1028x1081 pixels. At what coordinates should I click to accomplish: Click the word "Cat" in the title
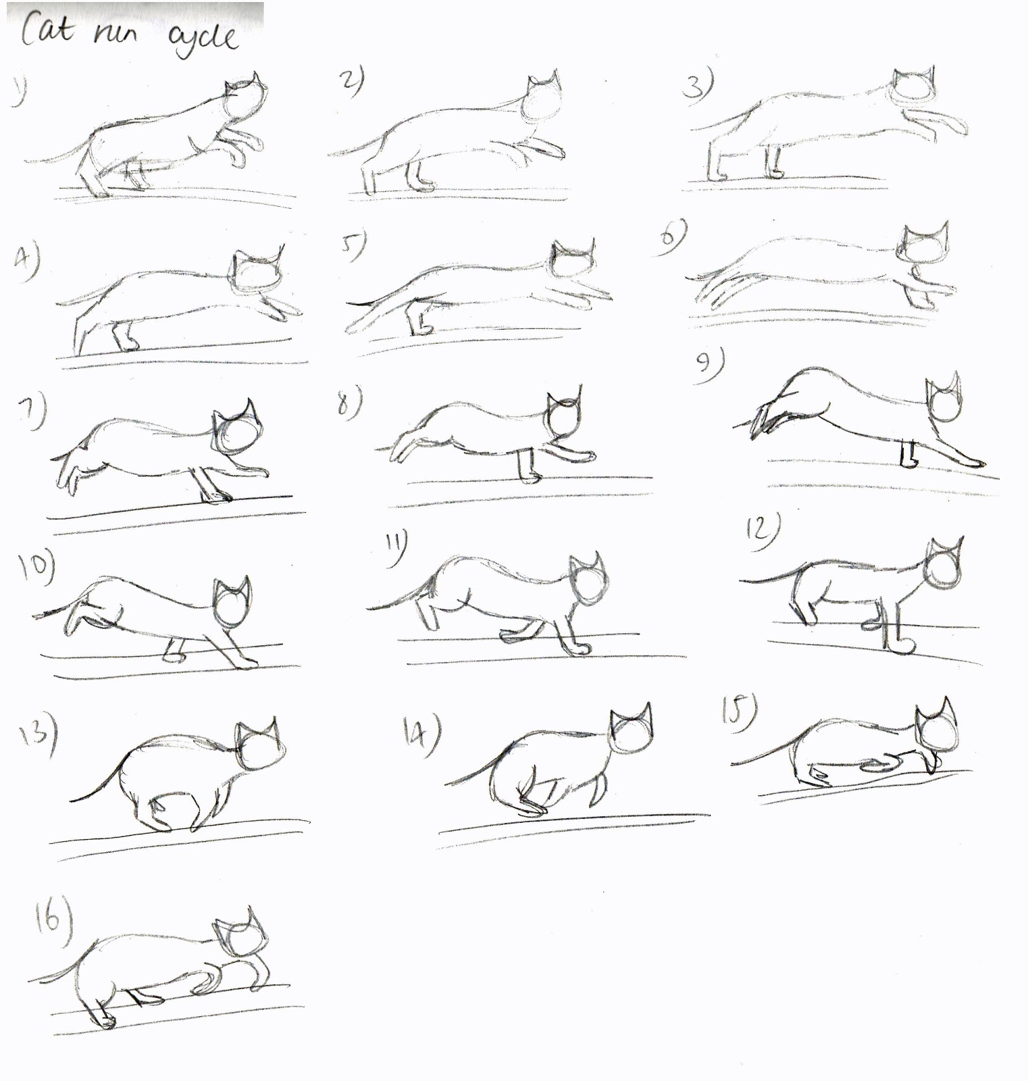(x=45, y=30)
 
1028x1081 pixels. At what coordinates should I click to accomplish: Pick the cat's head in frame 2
(x=544, y=97)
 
